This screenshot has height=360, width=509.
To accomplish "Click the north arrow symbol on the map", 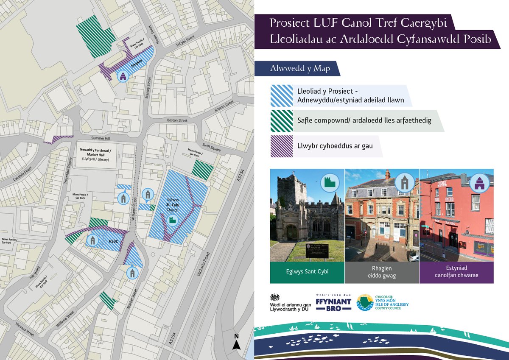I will click(237, 342).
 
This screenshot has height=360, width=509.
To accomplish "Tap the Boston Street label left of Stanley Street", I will click(177, 120).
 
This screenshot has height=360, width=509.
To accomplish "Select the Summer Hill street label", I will click(101, 139).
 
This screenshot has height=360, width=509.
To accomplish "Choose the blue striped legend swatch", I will click(282, 95).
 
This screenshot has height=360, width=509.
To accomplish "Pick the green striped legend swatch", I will click(282, 121).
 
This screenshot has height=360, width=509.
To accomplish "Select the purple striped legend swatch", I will click(282, 146).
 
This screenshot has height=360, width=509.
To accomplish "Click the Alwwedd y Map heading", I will click(296, 69).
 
